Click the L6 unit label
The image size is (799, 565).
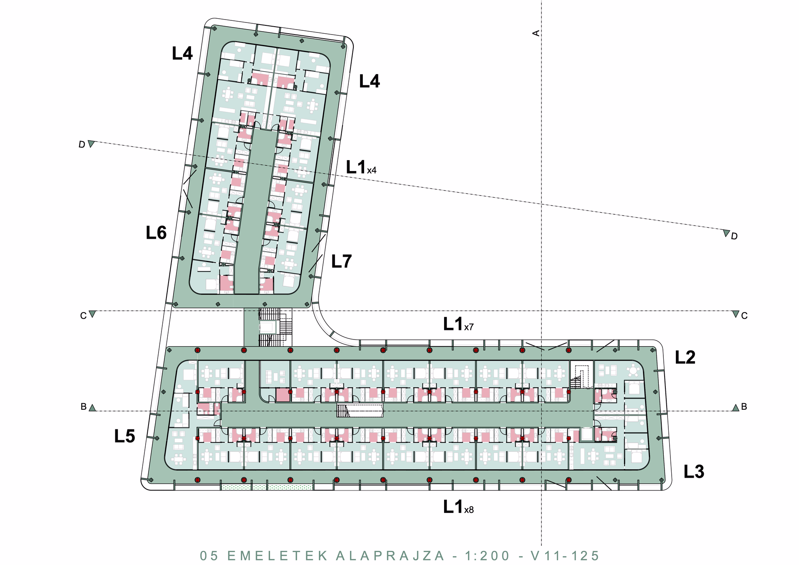156,233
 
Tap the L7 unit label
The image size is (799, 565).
342,262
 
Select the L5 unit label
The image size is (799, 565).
125,436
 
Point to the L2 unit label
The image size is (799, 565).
685,357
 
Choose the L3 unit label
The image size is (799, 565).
694,472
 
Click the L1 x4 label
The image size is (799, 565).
361,167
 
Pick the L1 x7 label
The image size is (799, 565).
458,324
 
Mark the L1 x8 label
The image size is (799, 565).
458,507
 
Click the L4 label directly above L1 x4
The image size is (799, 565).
370,81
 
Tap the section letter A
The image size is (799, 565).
536,33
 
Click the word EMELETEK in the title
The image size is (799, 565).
278,556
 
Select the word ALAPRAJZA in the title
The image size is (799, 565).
390,556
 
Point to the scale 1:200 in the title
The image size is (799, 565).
487,556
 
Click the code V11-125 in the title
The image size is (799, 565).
565,556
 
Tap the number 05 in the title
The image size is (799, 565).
209,556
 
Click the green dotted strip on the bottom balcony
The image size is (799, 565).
267,487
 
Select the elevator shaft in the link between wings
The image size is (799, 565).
268,327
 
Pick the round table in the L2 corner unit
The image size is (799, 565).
633,370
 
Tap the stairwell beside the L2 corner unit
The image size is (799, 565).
581,374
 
